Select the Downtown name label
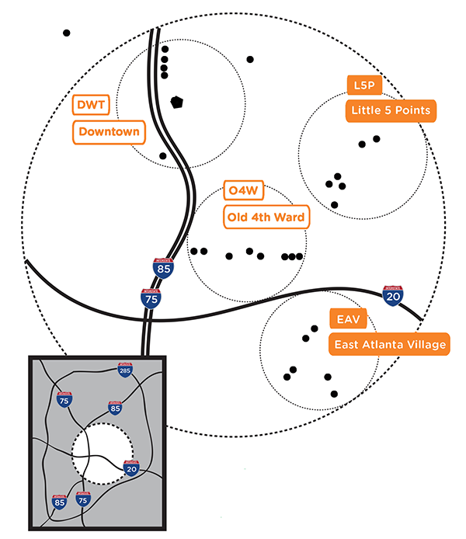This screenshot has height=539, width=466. (109, 132)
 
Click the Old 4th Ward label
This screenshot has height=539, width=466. (266, 217)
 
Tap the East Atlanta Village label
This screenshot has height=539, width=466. (390, 345)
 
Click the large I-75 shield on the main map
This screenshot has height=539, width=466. (151, 297)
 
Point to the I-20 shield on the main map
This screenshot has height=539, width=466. (393, 295)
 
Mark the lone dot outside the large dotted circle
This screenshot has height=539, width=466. (67, 33)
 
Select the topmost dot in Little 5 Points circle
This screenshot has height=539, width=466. (377, 139)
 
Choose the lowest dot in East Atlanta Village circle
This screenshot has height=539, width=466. (335, 395)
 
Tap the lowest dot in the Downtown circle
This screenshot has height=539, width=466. (162, 156)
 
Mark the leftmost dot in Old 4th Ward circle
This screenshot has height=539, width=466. (193, 251)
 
